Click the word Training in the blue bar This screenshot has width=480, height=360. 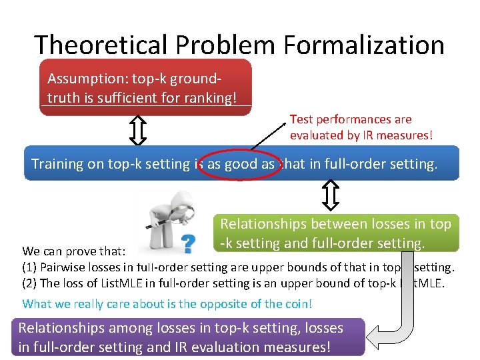click(57, 164)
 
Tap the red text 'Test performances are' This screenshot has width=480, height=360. click(351, 119)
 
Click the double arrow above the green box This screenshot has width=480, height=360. click(331, 195)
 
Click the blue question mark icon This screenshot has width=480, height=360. click(189, 245)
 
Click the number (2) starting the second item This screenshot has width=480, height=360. click(30, 283)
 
